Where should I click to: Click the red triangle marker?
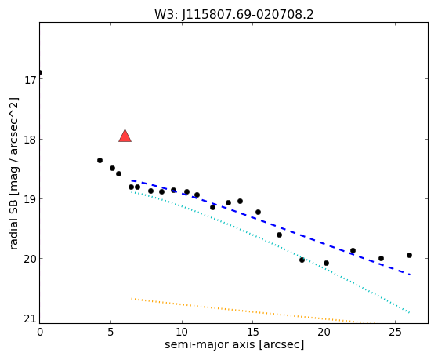point(125,136)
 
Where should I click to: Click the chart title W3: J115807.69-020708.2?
point(234,14)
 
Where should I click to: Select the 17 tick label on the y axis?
point(29,80)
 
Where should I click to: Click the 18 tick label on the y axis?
point(29,140)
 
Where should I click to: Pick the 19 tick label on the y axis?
point(29,199)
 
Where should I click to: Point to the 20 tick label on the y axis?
point(29,259)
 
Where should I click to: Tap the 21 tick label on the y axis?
point(29,318)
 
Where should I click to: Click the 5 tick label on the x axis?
point(111,332)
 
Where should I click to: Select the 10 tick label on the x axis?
point(182,332)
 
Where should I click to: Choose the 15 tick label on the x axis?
point(253,332)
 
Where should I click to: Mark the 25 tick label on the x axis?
point(395,332)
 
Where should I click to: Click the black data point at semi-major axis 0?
point(40,73)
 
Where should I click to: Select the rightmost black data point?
point(409,255)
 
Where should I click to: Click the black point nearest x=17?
point(279,235)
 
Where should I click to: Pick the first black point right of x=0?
point(100,160)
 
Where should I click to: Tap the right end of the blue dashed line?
point(410,275)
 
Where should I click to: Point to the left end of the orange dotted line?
point(132,299)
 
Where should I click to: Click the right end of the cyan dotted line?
point(410,312)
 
